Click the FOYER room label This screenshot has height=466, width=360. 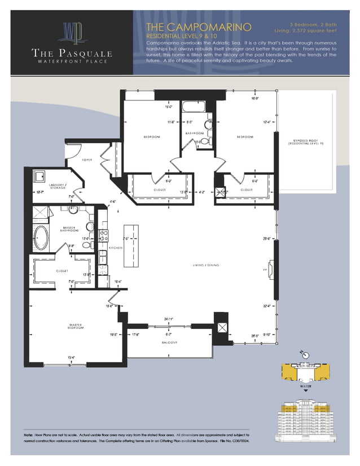click(87, 160)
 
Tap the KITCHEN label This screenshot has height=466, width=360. click(116, 248)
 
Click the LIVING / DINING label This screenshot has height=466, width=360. click(206, 265)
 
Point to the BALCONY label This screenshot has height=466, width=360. click(170, 342)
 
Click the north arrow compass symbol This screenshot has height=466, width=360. click(305, 354)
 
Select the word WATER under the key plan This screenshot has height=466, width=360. click(305, 386)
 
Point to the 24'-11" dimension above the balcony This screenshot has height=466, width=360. click(168, 319)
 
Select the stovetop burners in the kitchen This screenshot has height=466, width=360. click(103, 232)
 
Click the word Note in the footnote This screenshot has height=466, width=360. click(29, 435)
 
